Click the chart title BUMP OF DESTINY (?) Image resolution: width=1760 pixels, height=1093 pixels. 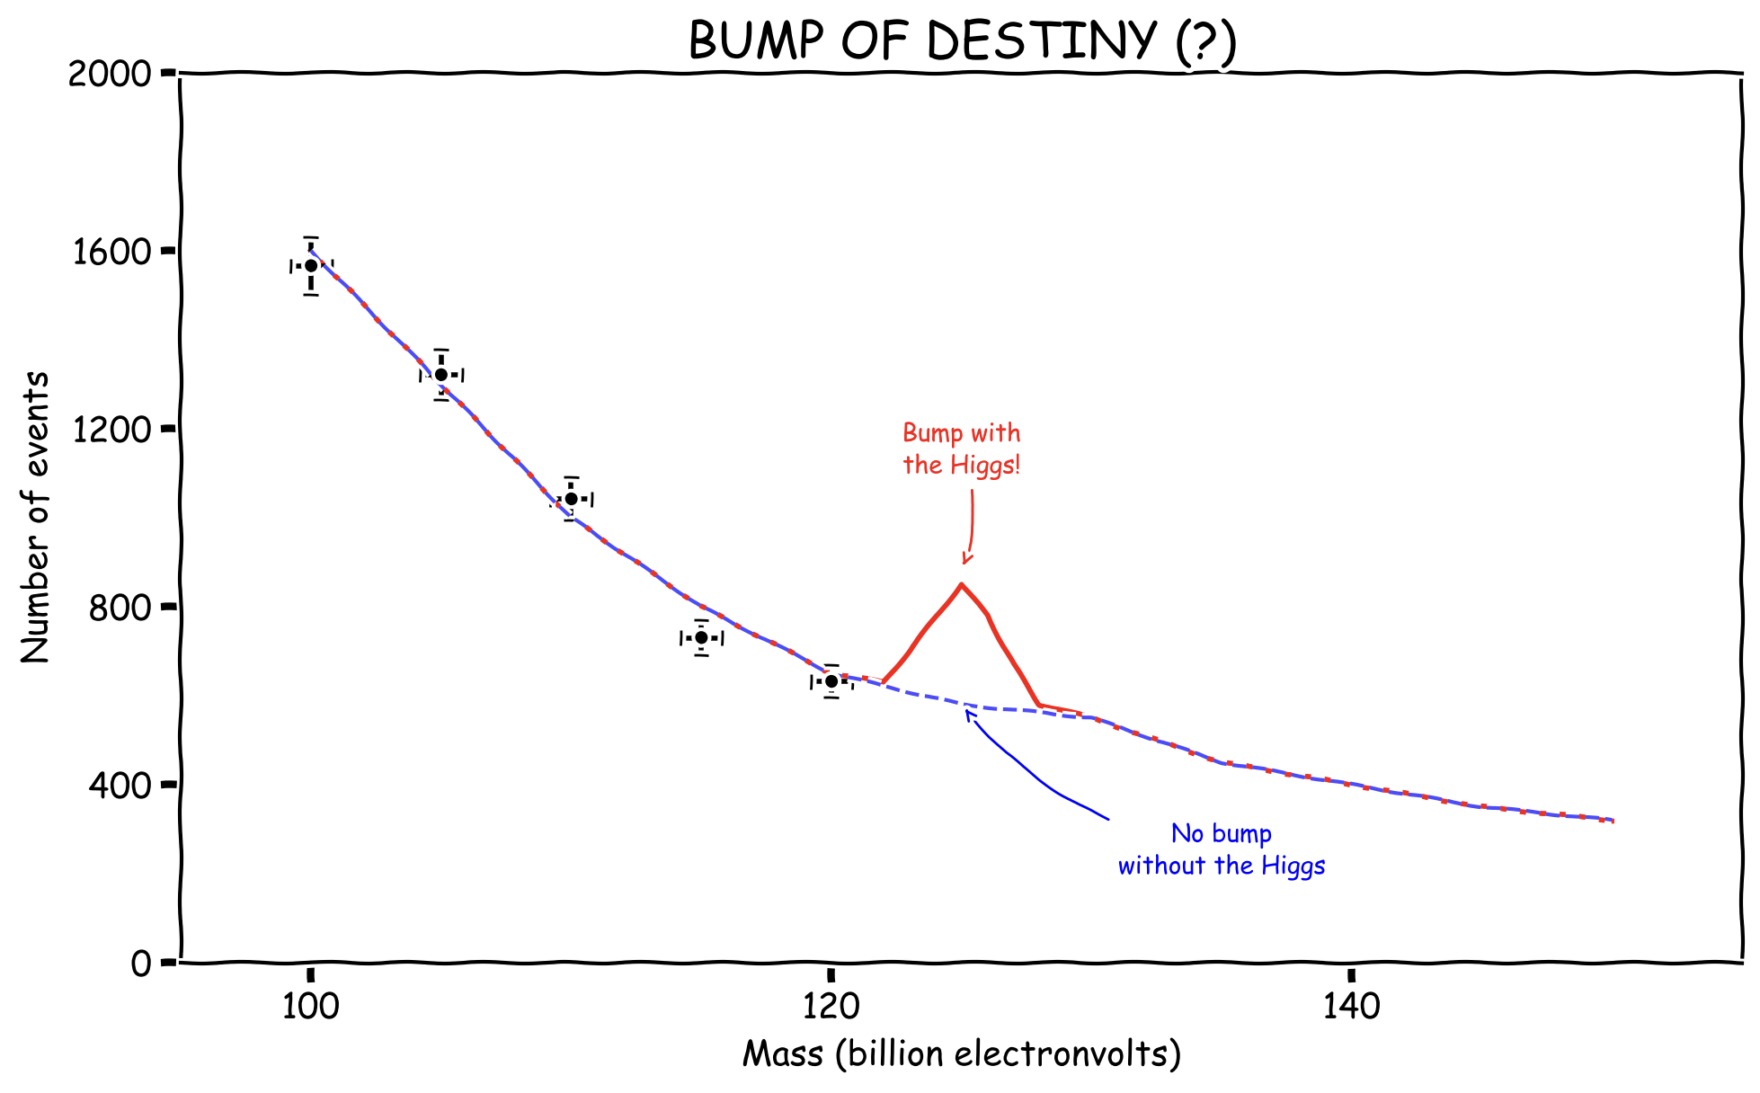pyautogui.click(x=962, y=41)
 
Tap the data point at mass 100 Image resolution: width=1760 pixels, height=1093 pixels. pyautogui.click(x=311, y=265)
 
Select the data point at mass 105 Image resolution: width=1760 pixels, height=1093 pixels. pyautogui.click(x=441, y=375)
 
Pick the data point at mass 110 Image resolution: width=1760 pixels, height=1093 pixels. pyautogui.click(x=571, y=499)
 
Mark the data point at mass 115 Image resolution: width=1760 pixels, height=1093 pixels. pyautogui.click(x=701, y=637)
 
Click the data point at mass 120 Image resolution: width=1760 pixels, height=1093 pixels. pyautogui.click(x=831, y=681)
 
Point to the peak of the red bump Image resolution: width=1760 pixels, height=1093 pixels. pyautogui.click(x=962, y=584)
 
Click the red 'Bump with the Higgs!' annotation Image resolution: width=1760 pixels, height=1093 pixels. pyautogui.click(x=962, y=449)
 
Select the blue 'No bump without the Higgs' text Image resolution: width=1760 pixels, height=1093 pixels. pyautogui.click(x=1222, y=849)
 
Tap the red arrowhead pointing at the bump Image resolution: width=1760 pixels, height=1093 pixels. pyautogui.click(x=965, y=559)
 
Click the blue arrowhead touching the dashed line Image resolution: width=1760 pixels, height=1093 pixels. pyautogui.click(x=968, y=714)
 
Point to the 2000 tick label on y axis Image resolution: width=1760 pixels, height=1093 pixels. pyautogui.click(x=110, y=74)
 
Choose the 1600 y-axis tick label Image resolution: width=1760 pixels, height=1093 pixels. pyautogui.click(x=110, y=252)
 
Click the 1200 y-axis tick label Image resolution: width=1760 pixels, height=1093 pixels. pyautogui.click(x=110, y=430)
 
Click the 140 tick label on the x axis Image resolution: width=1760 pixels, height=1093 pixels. pyautogui.click(x=1351, y=1007)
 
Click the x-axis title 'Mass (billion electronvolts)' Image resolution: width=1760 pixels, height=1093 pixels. pyautogui.click(x=961, y=1053)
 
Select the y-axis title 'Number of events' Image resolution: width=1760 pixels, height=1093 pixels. pyautogui.click(x=36, y=517)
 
